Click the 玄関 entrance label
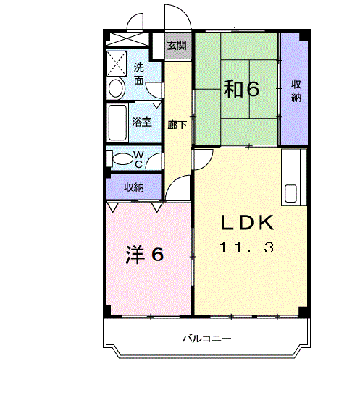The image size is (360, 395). tap(176, 45)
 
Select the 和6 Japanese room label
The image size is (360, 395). tap(240, 90)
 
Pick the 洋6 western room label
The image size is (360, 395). tap(144, 255)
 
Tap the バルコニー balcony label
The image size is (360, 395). tap(206, 339)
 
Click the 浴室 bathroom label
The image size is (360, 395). tap(142, 122)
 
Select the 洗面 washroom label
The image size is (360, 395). tap(139, 74)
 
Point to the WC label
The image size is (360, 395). tap(141, 158)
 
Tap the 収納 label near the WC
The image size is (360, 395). tap(133, 187)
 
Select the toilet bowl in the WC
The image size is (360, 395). tap(121, 158)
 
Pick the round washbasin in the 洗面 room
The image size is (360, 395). tap(116, 89)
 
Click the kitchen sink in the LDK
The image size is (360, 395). tap(290, 193)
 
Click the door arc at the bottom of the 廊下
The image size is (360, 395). tap(176, 189)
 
